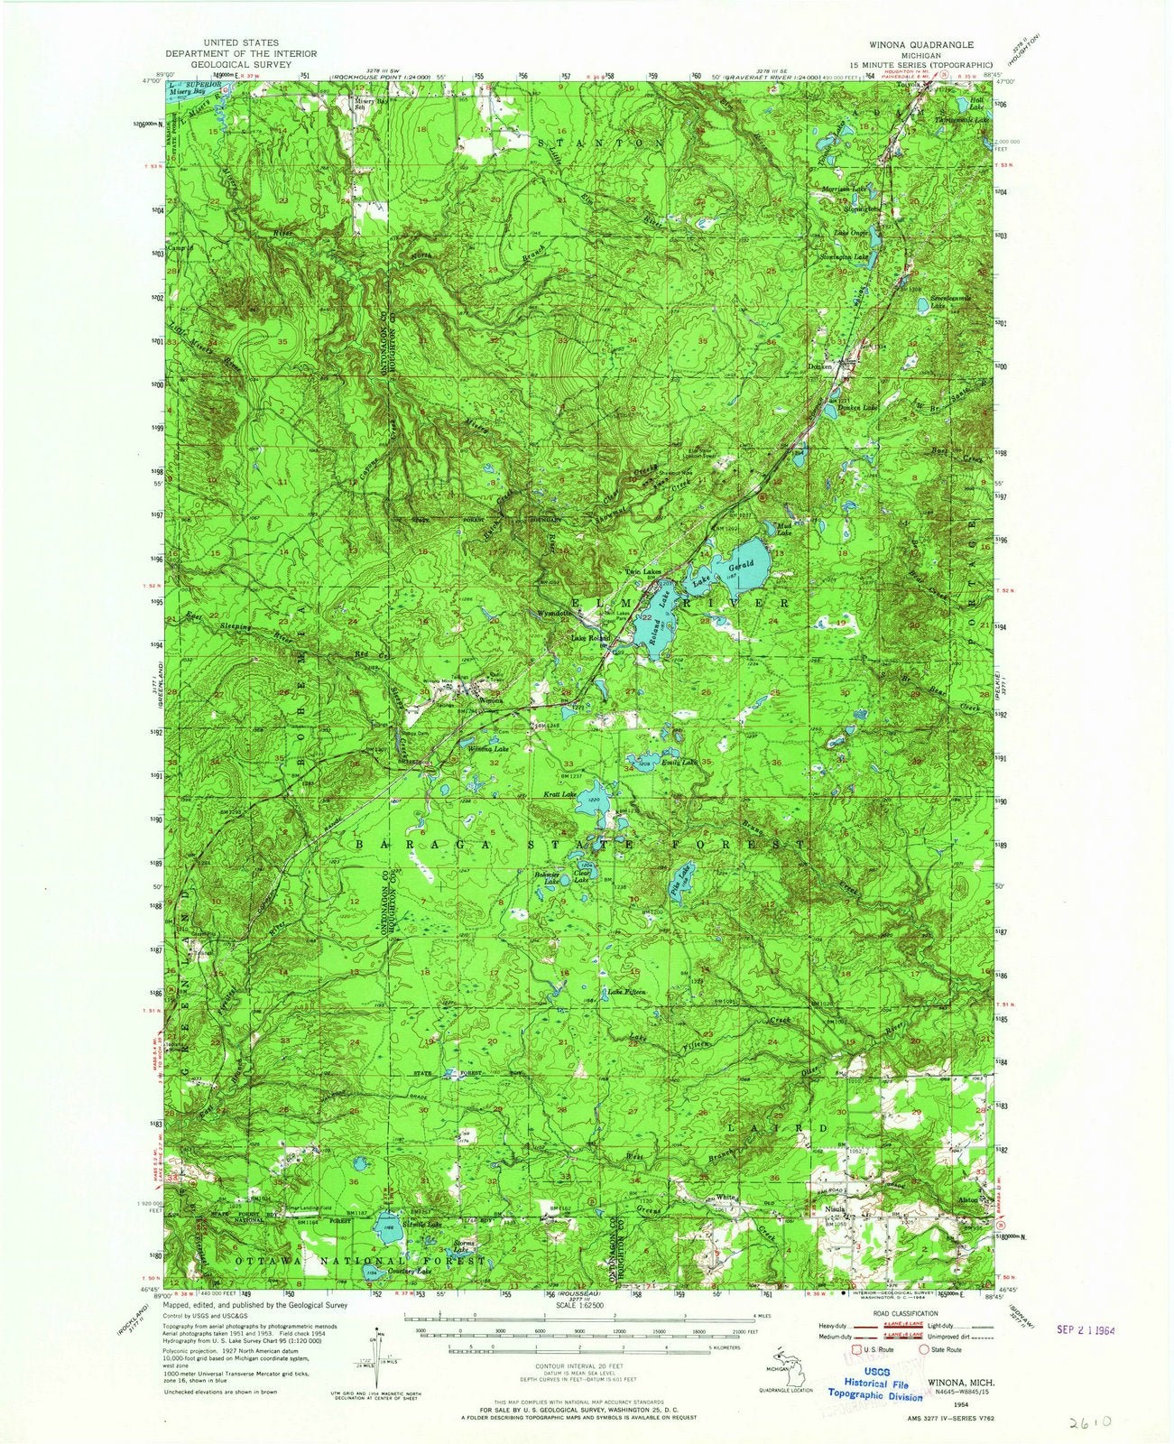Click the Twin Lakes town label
641,572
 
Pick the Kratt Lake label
559,795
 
